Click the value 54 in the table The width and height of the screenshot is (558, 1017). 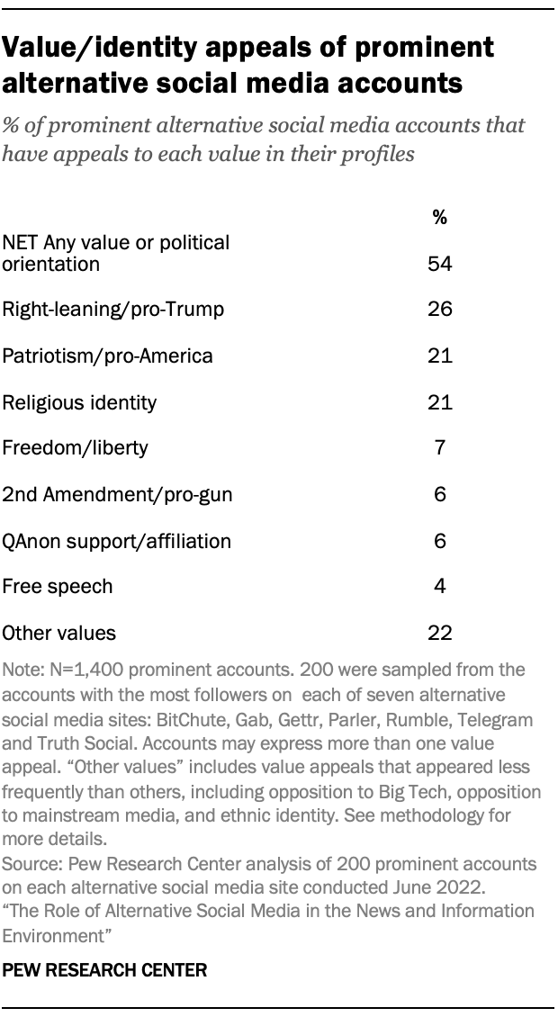point(439,264)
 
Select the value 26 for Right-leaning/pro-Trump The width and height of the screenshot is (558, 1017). point(439,310)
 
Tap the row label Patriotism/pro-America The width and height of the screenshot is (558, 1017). point(108,355)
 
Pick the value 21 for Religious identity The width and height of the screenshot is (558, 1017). point(439,402)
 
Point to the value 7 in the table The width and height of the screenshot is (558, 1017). point(439,448)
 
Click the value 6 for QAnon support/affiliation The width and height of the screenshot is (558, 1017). point(439,541)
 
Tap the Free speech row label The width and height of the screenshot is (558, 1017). point(58,587)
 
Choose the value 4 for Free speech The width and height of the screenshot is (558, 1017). point(439,587)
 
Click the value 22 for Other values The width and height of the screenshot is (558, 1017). point(439,633)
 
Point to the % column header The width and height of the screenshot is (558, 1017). point(439,217)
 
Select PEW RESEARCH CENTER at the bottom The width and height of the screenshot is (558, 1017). point(105,970)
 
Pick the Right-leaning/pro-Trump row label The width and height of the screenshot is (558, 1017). point(112,310)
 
